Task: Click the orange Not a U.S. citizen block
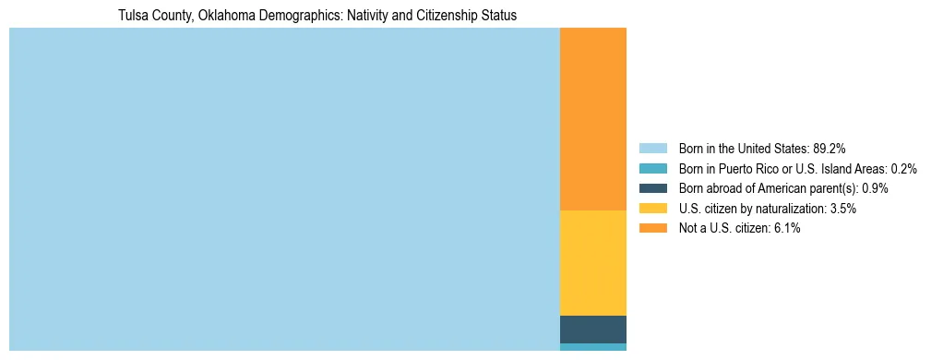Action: [592, 119]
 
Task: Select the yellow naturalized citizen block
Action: [592, 263]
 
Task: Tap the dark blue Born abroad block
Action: [592, 329]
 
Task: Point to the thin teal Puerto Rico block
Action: [592, 347]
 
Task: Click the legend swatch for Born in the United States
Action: [652, 148]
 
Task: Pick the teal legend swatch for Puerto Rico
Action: [652, 168]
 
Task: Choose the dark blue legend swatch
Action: [652, 188]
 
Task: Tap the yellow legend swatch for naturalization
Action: [652, 209]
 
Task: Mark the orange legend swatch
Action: [652, 228]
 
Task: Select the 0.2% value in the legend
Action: [903, 168]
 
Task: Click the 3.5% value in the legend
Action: [842, 209]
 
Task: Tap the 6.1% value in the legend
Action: [786, 228]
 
